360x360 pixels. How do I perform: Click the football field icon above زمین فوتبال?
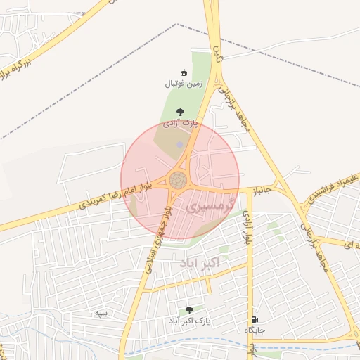coord(184,72)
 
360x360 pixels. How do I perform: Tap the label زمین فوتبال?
coord(184,84)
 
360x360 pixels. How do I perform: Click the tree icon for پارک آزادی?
coord(181,112)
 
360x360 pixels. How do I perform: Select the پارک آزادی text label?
coord(181,122)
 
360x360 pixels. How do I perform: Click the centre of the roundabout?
coord(179,180)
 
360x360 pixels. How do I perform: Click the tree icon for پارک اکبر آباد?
coord(189,310)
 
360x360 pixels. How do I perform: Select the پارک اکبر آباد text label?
coord(189,321)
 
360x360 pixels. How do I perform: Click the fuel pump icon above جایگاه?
coord(254,319)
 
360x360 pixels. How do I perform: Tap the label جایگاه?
coord(254,330)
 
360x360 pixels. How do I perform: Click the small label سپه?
coord(102,311)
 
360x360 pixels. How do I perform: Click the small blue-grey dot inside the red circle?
coord(179,145)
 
